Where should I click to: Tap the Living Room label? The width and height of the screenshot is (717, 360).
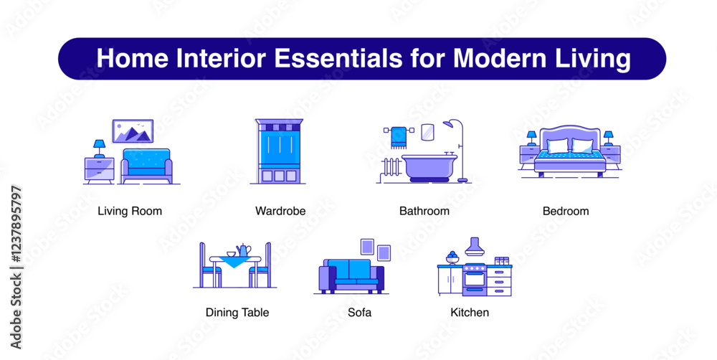pyautogui.click(x=130, y=211)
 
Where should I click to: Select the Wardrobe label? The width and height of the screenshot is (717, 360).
pyautogui.click(x=280, y=211)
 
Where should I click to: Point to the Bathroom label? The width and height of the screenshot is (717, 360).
pyautogui.click(x=424, y=211)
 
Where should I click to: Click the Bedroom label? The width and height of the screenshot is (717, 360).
pyautogui.click(x=566, y=211)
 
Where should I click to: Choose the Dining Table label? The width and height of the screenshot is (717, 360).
pyautogui.click(x=237, y=313)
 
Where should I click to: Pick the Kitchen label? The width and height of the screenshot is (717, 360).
pyautogui.click(x=470, y=313)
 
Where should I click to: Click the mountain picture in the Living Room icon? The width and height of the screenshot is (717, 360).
pyautogui.click(x=133, y=131)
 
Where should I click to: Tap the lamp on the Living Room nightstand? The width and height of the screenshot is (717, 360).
pyautogui.click(x=99, y=148)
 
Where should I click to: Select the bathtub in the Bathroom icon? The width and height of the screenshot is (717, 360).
pyautogui.click(x=429, y=167)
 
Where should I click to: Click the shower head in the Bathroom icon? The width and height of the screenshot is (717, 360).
pyautogui.click(x=450, y=124)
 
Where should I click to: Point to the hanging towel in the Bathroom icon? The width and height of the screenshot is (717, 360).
pyautogui.click(x=399, y=138)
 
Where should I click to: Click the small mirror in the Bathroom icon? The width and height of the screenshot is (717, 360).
pyautogui.click(x=427, y=132)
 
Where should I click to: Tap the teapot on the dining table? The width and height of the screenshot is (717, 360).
pyautogui.click(x=244, y=250)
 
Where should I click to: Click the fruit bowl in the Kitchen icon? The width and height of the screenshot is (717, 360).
pyautogui.click(x=452, y=257)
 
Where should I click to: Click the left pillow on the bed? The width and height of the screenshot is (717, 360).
pyautogui.click(x=557, y=146)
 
